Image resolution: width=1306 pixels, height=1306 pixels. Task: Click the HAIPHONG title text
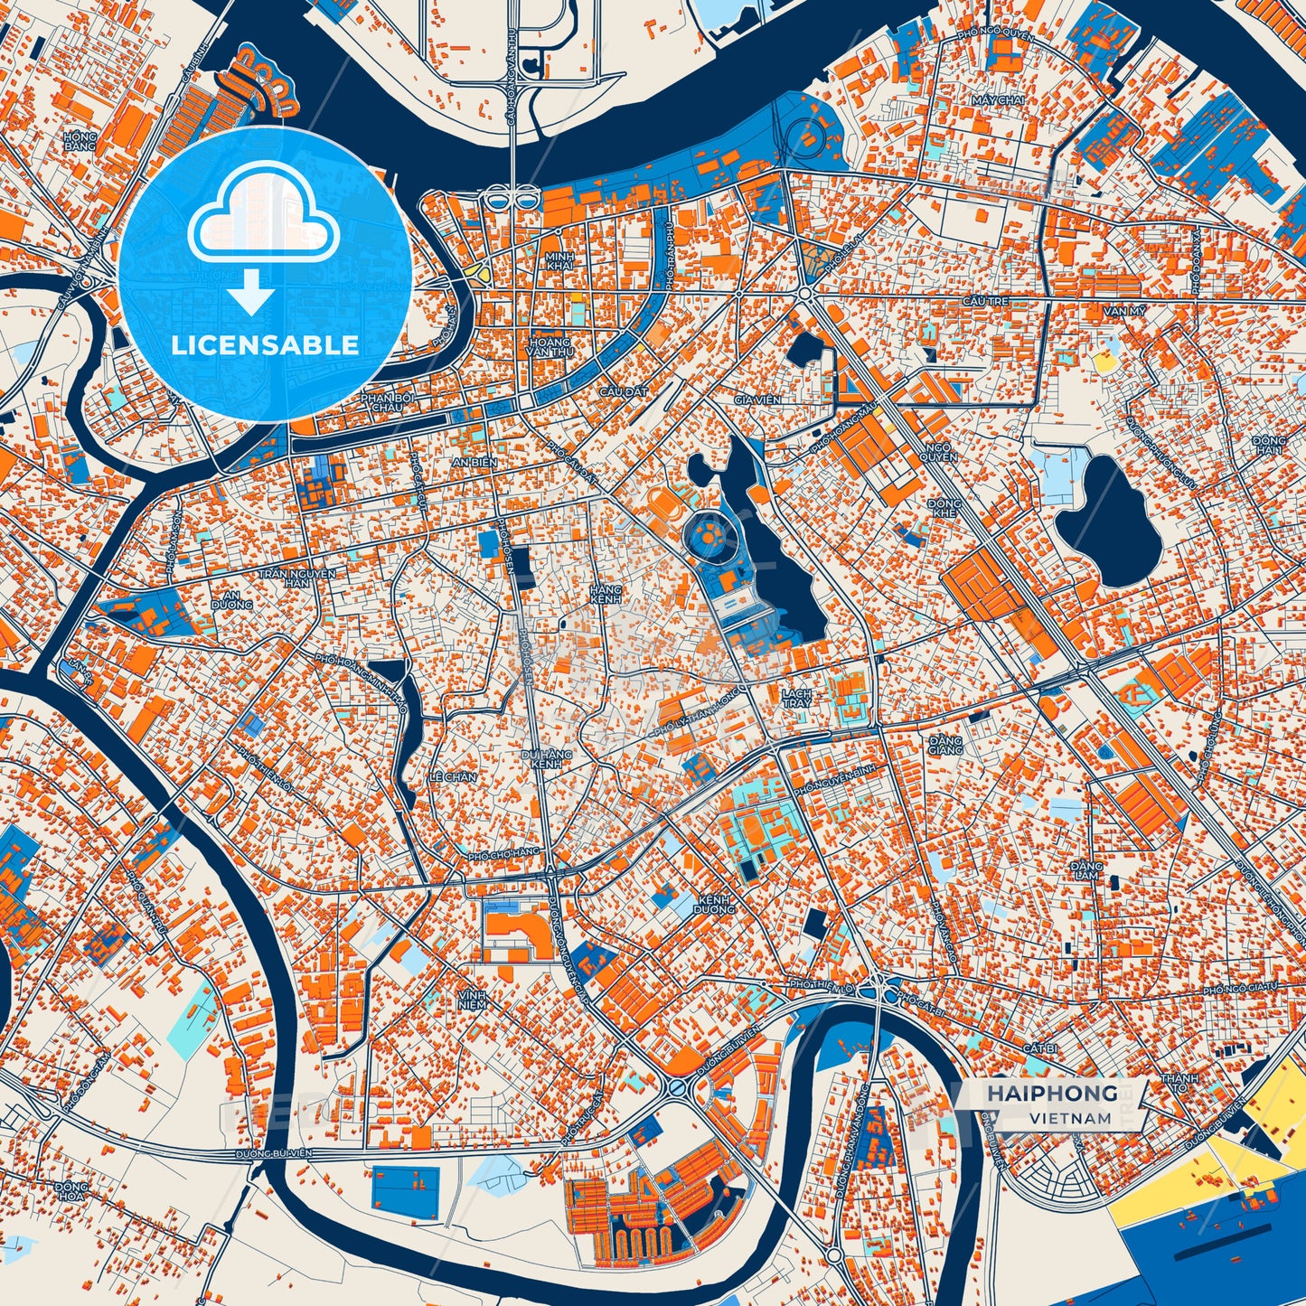[1051, 1094]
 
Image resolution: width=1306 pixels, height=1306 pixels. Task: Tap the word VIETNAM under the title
[1070, 1118]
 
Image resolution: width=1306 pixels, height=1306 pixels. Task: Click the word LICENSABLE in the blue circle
[265, 345]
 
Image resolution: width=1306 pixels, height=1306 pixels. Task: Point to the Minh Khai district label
[560, 260]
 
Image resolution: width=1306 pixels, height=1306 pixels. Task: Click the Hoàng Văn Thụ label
[550, 348]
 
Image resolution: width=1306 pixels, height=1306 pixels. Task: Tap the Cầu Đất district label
[624, 392]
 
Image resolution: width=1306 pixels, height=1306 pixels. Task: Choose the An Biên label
[474, 462]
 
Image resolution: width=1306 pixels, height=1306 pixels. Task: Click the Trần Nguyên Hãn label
[296, 578]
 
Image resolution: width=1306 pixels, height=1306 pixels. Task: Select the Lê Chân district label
[452, 777]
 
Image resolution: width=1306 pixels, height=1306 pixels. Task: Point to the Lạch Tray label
[796, 698]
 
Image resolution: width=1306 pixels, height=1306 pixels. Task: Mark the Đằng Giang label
[945, 744]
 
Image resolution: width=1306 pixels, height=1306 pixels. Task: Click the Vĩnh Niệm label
[472, 999]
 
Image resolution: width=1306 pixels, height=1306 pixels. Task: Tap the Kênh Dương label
[715, 904]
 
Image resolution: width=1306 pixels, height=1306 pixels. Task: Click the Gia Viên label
[757, 399]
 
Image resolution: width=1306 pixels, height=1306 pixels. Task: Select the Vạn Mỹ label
[1123, 311]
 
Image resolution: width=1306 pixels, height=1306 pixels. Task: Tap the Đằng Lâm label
[1086, 870]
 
